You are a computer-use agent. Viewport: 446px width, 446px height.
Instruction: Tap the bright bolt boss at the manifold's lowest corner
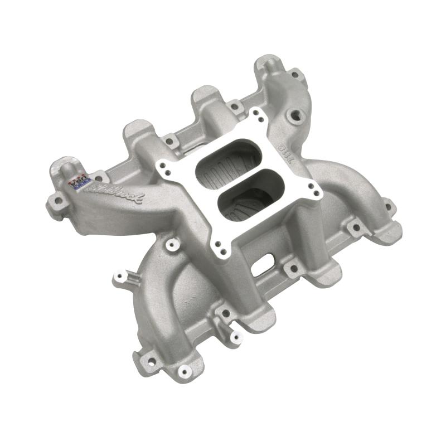(x=183, y=370)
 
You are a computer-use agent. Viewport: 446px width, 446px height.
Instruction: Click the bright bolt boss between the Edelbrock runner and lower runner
(x=171, y=244)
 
